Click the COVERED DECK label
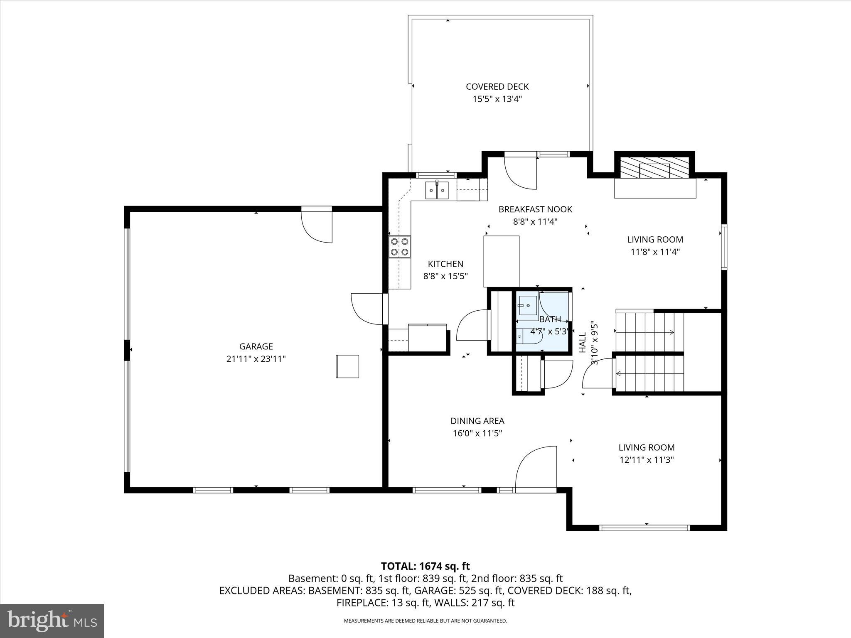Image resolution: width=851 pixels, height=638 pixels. point(497,86)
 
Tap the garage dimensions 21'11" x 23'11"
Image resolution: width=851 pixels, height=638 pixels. point(256,359)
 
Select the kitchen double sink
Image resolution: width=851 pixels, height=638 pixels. point(437,191)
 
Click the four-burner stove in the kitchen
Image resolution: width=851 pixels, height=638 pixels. point(400,247)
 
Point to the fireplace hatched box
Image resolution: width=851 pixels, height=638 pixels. point(654,168)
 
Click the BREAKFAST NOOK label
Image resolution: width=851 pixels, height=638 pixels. point(535,209)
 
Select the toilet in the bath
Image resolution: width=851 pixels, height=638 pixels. point(529,336)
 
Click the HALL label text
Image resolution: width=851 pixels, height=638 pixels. point(583,342)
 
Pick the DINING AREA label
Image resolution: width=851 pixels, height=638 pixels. point(477,421)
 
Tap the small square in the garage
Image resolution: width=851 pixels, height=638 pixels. point(347,366)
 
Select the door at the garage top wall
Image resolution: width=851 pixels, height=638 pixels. point(317,226)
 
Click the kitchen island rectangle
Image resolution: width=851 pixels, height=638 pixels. point(502,261)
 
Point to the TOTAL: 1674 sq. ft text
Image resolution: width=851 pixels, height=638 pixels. point(425,566)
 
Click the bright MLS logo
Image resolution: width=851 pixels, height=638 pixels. point(52,621)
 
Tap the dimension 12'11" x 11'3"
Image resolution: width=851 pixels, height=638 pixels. point(646,460)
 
